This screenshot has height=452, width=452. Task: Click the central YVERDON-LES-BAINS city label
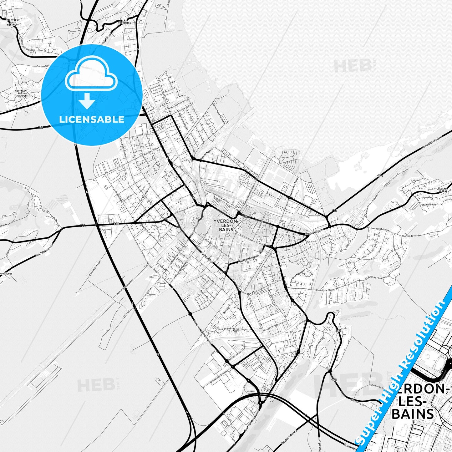pyautogui.click(x=226, y=225)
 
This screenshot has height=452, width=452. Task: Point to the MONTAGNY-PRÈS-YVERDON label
pyautogui.click(x=21, y=93)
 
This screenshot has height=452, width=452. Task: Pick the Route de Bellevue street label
pyautogui.click(x=379, y=230)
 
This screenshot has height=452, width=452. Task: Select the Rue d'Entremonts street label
pyautogui.click(x=256, y=291)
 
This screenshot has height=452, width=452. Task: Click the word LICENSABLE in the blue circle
pyautogui.click(x=92, y=119)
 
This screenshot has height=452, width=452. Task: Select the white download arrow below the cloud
pyautogui.click(x=87, y=101)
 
